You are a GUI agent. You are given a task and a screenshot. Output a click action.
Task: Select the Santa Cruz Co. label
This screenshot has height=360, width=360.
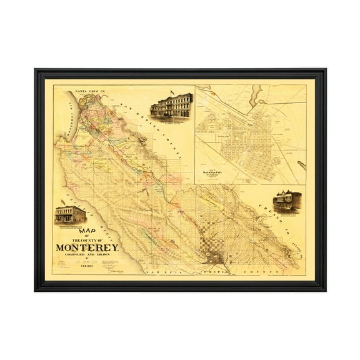(x=88, y=91)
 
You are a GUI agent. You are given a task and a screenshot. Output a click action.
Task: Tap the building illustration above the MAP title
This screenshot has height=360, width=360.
(x=70, y=215)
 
